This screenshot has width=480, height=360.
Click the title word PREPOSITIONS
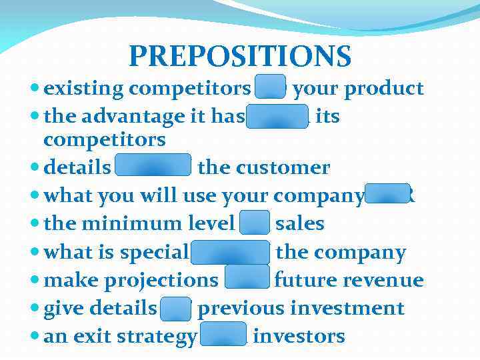240,56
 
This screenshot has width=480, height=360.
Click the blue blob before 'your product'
271,88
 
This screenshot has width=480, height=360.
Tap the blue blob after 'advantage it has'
278,116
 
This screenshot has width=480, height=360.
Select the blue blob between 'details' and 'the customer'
154,167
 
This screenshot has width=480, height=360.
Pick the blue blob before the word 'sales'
255,223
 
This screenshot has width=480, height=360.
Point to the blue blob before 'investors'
223,335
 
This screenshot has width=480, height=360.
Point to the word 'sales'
299,223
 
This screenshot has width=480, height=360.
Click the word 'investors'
299,336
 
